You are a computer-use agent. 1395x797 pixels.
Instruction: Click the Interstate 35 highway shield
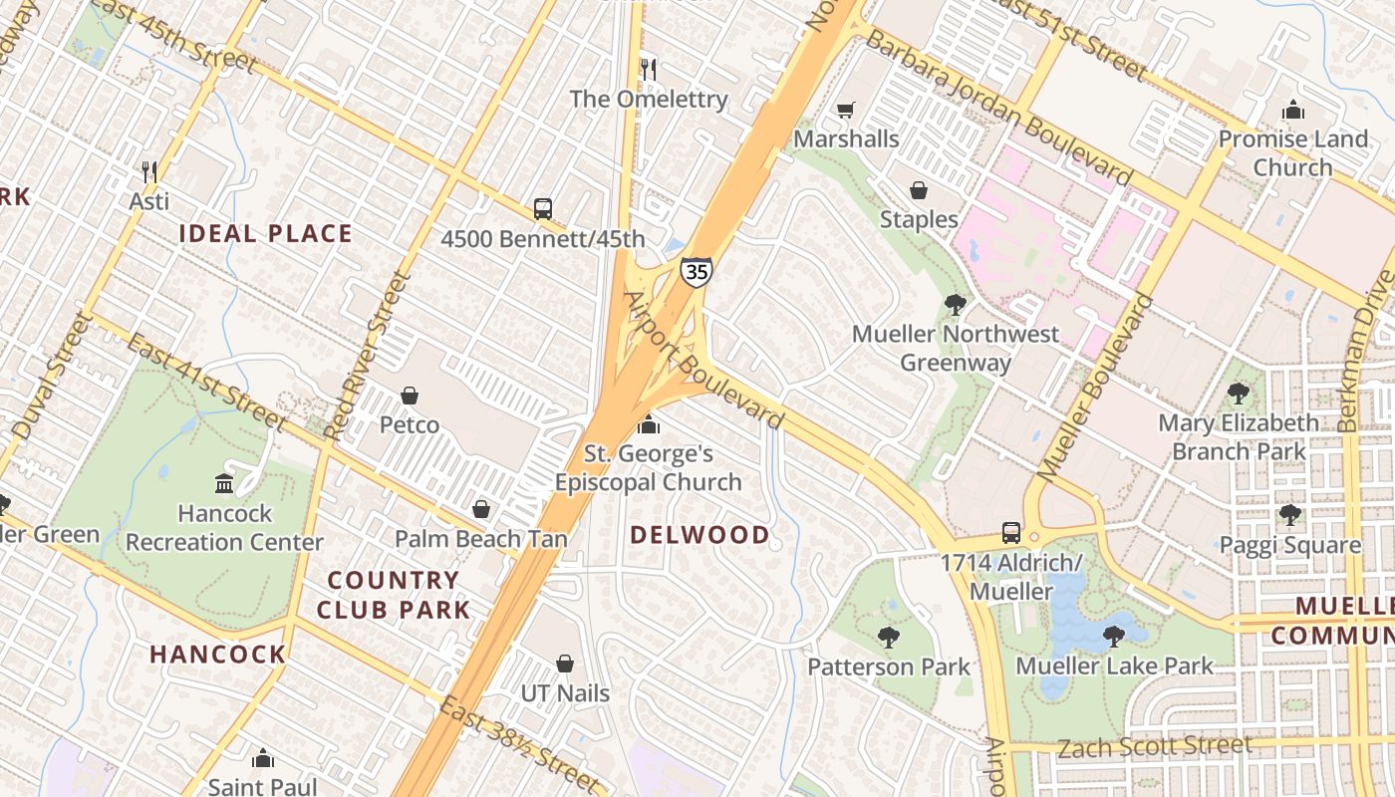[x=697, y=271]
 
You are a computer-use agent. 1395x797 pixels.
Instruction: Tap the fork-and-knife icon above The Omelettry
[x=649, y=69]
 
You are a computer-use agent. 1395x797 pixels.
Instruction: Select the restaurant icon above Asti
[x=149, y=171]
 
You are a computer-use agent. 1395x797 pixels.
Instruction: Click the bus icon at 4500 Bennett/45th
[x=543, y=208]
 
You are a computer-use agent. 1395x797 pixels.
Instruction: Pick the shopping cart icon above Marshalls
[x=846, y=110]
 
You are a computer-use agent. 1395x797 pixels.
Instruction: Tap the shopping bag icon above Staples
[x=919, y=189]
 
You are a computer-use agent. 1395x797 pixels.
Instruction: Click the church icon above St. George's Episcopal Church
[x=649, y=425]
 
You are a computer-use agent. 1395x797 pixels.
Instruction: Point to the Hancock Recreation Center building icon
[x=224, y=484]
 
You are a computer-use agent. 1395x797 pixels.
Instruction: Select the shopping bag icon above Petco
[x=409, y=396]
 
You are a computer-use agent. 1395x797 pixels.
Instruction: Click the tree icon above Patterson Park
[x=888, y=637]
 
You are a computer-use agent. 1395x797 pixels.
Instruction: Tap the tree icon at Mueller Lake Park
[x=1114, y=636]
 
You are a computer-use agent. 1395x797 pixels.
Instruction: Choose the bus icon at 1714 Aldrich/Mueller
[x=1011, y=532]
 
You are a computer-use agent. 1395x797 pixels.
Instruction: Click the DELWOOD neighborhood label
[x=699, y=535]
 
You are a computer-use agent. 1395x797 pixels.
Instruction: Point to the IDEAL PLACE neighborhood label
[x=266, y=234]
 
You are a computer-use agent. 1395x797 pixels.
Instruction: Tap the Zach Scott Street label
[x=1154, y=746]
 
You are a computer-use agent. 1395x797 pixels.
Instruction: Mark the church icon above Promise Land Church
[x=1293, y=110]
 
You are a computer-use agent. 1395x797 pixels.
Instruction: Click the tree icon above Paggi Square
[x=1290, y=515]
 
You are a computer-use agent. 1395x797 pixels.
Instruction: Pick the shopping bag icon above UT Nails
[x=565, y=664]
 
